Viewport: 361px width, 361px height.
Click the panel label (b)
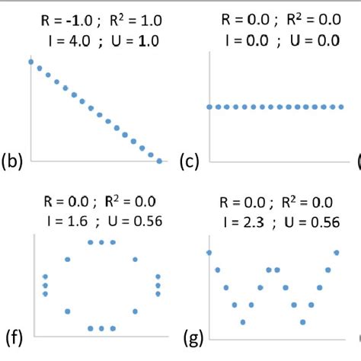point(14,161)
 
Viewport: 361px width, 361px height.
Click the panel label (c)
point(190,161)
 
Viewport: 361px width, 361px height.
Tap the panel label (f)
point(13,336)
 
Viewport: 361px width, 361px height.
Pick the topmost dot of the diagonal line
point(30,61)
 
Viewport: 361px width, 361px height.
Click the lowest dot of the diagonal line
point(159,161)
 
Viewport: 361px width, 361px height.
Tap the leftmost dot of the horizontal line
point(209,107)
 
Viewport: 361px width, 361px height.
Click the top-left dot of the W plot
point(209,252)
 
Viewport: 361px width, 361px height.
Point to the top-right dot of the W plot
point(337,252)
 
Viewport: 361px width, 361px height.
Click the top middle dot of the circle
point(101,242)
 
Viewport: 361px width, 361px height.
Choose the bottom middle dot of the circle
point(101,328)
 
